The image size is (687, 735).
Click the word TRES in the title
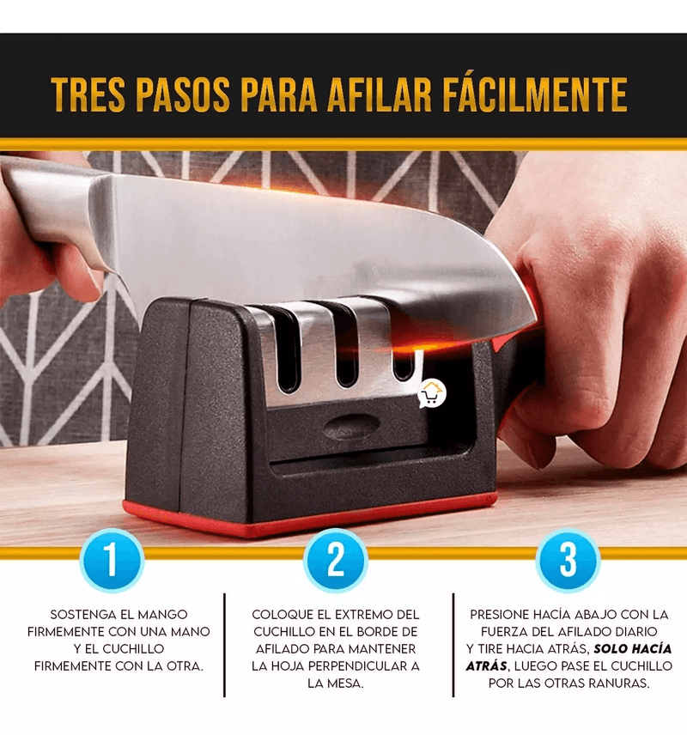pyautogui.click(x=88, y=94)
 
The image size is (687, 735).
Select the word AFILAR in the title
pyautogui.click(x=379, y=94)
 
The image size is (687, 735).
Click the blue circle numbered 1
pyautogui.click(x=112, y=560)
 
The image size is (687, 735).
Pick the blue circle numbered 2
pyautogui.click(x=335, y=560)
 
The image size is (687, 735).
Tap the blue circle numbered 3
pyautogui.click(x=568, y=560)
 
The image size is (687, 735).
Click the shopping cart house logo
pyautogui.click(x=431, y=394)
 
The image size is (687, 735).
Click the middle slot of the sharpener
pyautogui.click(x=346, y=347)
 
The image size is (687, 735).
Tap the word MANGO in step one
pyautogui.click(x=160, y=615)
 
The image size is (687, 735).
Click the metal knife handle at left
pyautogui.click(x=47, y=206)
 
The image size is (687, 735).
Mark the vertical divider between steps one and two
pyautogui.click(x=225, y=645)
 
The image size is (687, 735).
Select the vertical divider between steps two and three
pyautogui.click(x=453, y=645)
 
